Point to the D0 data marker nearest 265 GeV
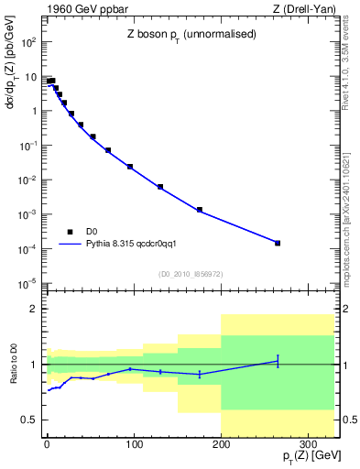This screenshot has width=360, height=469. [x=278, y=243]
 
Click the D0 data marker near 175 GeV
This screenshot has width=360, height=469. [x=200, y=210]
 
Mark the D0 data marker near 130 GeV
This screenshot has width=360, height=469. [x=160, y=187]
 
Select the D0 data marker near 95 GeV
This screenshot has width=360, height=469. [x=130, y=167]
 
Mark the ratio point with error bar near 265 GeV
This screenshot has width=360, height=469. [x=278, y=361]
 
